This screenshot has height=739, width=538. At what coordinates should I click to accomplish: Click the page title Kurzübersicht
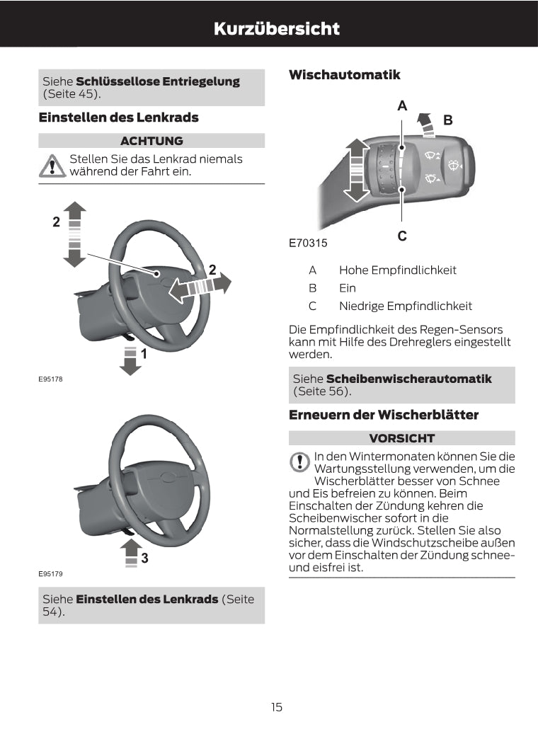click(276, 29)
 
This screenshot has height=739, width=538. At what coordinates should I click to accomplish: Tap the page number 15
click(276, 706)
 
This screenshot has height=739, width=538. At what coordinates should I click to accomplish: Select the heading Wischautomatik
click(345, 74)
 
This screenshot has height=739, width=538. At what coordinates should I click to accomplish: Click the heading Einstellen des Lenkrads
click(118, 118)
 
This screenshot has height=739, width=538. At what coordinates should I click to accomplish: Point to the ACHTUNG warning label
click(151, 140)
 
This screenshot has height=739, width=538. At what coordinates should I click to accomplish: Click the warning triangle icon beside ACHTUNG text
click(52, 166)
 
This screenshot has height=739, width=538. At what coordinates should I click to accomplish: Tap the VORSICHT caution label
click(401, 438)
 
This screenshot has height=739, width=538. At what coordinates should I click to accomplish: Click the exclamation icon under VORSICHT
click(300, 462)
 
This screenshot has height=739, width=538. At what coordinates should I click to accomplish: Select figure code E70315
click(308, 243)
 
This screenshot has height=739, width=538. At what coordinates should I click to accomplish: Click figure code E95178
click(50, 380)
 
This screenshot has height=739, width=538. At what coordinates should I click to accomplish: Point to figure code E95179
click(50, 573)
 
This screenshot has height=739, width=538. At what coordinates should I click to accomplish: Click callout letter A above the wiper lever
click(402, 106)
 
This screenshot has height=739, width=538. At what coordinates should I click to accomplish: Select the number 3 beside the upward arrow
click(144, 558)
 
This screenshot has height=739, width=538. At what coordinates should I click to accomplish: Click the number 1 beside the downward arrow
click(144, 353)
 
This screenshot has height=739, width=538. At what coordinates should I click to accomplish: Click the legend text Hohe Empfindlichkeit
click(398, 270)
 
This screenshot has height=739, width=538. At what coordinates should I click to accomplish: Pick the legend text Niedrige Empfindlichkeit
click(406, 307)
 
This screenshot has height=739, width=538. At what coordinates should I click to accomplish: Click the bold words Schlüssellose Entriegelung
click(158, 81)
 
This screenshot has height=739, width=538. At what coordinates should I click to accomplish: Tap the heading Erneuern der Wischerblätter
click(384, 415)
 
